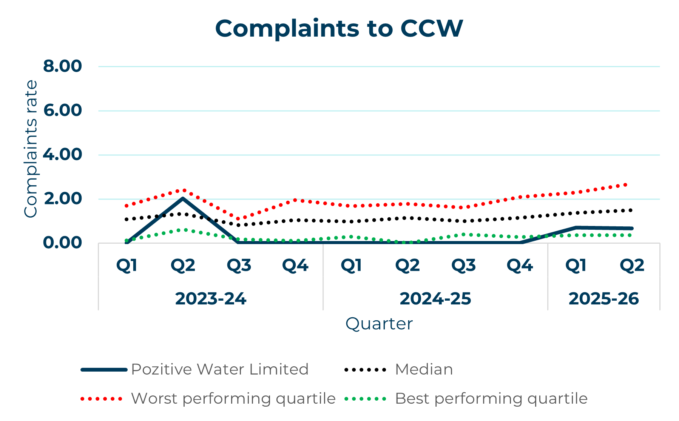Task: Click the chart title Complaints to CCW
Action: point(339,29)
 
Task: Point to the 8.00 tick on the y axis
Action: point(62,66)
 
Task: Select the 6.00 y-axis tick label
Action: point(62,111)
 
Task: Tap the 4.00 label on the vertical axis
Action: point(62,155)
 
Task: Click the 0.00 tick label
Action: point(62,243)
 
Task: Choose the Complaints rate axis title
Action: point(31,149)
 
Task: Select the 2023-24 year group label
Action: point(211,299)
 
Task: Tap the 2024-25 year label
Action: point(435,299)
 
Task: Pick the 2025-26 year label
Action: point(603,299)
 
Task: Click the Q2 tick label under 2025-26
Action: point(632,266)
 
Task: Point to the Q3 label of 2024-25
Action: point(463,266)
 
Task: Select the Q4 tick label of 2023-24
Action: point(295,266)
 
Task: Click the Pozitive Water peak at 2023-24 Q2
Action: point(183,198)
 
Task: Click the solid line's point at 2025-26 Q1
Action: point(576,227)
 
